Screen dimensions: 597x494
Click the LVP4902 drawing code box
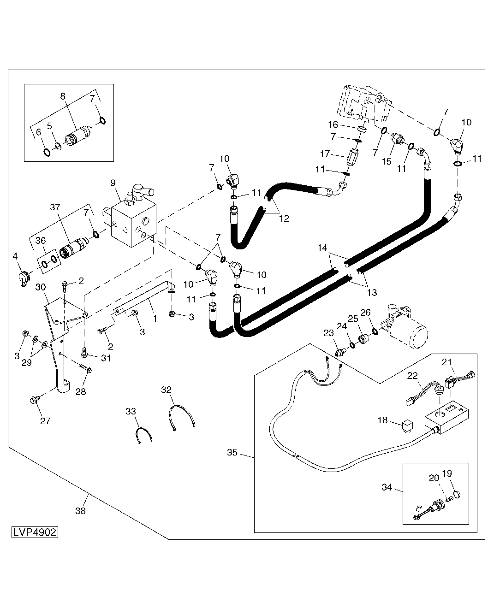pyautogui.click(x=35, y=532)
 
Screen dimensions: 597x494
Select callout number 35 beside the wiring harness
pyautogui.click(x=232, y=452)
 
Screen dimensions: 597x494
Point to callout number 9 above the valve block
pyautogui.click(x=113, y=183)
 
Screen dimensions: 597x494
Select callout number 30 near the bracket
pyautogui.click(x=41, y=287)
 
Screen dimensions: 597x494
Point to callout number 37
pyautogui.click(x=55, y=207)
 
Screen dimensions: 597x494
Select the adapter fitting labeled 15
pyautogui.click(x=396, y=139)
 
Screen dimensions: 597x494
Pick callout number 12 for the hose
pyautogui.click(x=284, y=219)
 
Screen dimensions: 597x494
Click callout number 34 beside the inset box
pyautogui.click(x=387, y=487)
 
